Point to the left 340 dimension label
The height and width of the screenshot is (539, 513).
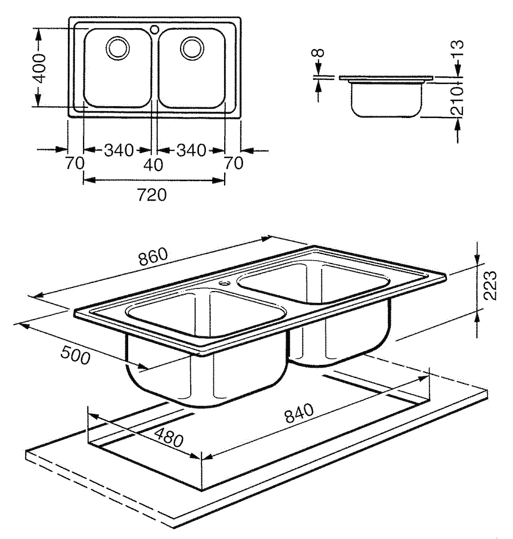click(118, 150)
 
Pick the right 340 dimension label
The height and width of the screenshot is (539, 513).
click(191, 150)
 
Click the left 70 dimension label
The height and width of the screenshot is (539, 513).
click(75, 163)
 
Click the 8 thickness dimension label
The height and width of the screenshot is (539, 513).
click(319, 54)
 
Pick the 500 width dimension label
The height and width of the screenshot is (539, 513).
click(75, 356)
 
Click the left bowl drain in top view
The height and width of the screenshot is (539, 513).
click(117, 47)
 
